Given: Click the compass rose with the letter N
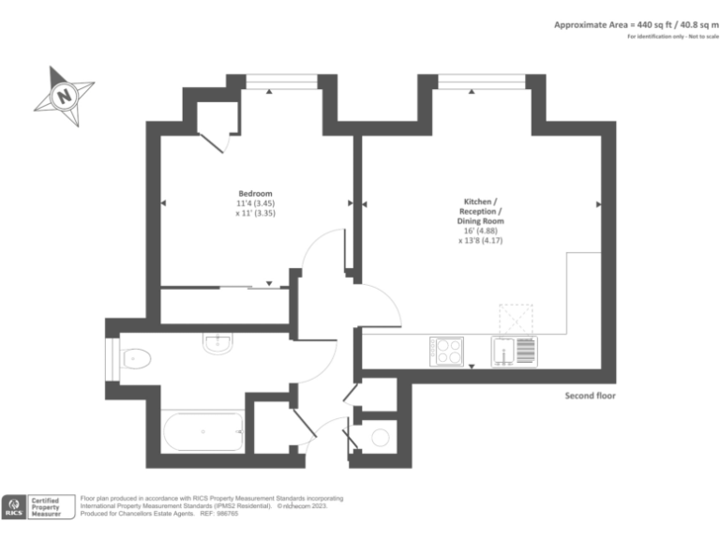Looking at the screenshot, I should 64,95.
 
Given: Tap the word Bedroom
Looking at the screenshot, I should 255,193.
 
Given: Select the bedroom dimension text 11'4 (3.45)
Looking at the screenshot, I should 255,203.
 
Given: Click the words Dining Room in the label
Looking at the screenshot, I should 482,220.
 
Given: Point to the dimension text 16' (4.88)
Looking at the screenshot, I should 482,231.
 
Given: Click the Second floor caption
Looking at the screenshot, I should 590,396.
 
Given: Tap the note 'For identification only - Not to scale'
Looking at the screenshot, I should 667,37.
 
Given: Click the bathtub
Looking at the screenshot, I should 203,433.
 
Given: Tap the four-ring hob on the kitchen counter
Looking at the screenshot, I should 445,352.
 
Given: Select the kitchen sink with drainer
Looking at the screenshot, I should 514,352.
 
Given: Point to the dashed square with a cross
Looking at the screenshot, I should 514,318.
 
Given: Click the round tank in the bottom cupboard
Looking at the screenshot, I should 381,437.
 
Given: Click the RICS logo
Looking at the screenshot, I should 14,507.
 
